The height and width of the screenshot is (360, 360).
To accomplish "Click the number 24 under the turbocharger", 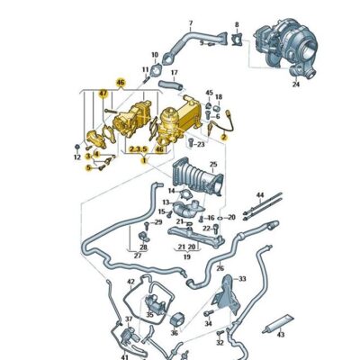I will coord(295,86).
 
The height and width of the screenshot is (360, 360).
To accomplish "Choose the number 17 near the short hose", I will coord(174,72).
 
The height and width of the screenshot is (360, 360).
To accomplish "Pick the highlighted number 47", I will coord(103,93).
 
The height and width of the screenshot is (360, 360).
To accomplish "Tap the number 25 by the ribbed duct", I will coord(213,165).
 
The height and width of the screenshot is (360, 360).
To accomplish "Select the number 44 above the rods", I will coord(260,194).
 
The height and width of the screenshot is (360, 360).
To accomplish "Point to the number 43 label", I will coord(281,334).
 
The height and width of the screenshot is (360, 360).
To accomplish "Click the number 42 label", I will coord(132,282).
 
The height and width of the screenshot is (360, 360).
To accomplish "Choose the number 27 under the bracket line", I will coord(139,256).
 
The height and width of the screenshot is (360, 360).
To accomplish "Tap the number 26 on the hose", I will coord(220,268).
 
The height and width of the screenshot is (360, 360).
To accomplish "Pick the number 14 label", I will coord(171,191).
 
